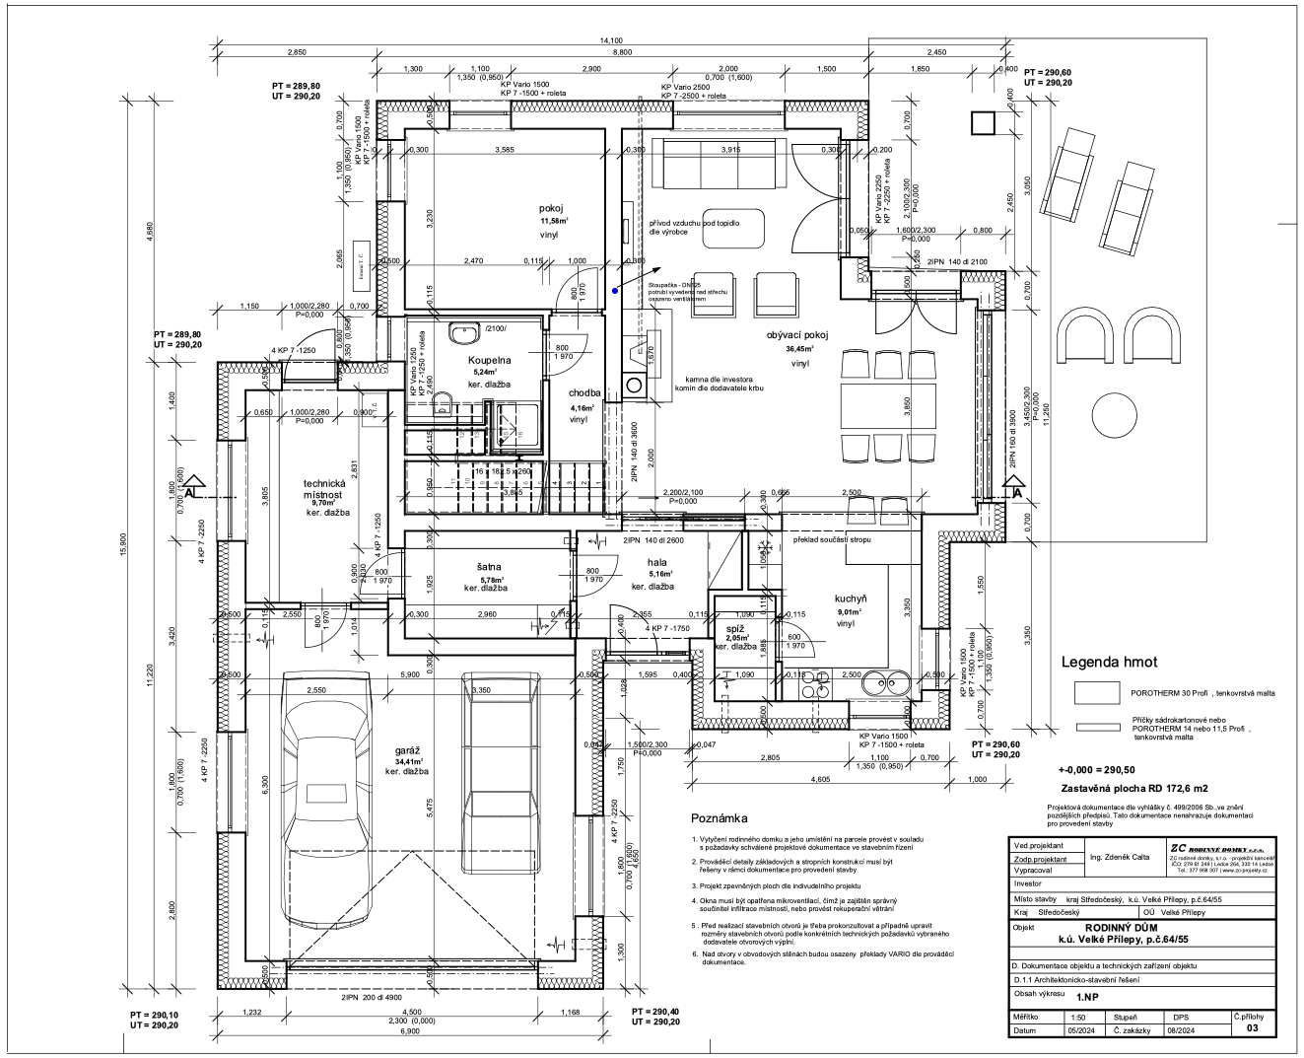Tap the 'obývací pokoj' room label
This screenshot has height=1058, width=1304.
797,335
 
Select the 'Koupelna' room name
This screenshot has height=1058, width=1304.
489,361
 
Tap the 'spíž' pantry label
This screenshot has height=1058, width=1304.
735,627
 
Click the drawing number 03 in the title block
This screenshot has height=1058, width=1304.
1252,1028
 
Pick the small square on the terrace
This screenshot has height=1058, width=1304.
982,122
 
